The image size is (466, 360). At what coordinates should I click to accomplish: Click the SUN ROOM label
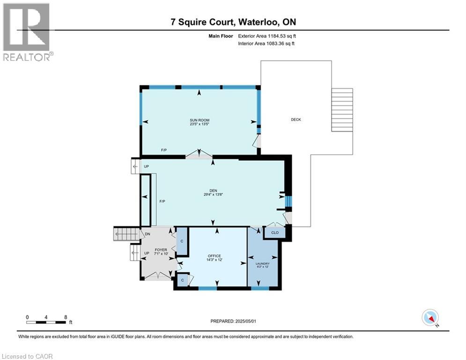[x=200, y=120]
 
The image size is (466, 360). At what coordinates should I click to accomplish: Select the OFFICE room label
[x=215, y=256]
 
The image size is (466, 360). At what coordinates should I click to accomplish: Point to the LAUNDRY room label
[x=263, y=264]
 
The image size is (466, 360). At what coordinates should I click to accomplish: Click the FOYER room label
[x=161, y=250]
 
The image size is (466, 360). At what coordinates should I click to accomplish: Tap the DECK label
[x=296, y=120]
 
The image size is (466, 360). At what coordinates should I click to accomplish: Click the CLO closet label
[x=274, y=232]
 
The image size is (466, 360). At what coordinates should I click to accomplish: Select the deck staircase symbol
[x=342, y=110]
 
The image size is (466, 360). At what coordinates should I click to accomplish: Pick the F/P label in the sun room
[x=164, y=150]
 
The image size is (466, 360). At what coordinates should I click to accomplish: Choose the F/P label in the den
[x=163, y=201]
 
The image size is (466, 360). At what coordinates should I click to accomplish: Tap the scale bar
[x=46, y=322]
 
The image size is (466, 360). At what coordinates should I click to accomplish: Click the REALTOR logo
[x=27, y=32]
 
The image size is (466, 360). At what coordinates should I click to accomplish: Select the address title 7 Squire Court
[x=233, y=22]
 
